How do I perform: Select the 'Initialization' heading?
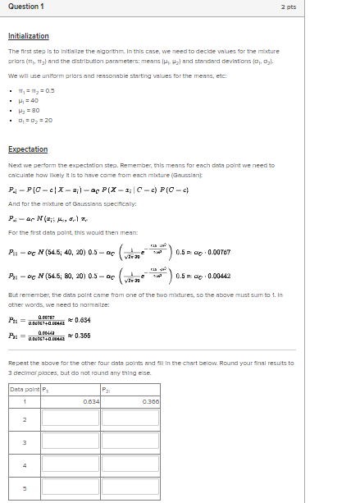28,36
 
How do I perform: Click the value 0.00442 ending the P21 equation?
207,275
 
